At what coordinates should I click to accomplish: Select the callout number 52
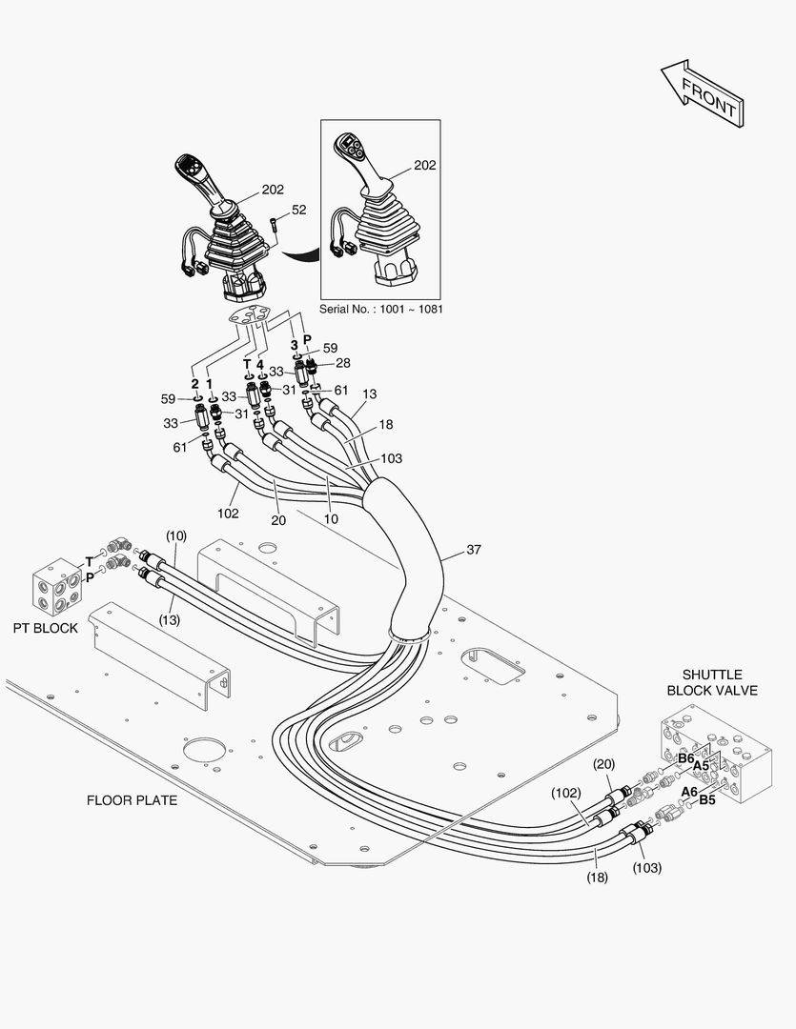tap(298, 210)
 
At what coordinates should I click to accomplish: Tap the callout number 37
tap(474, 551)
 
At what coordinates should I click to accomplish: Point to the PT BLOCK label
tap(46, 629)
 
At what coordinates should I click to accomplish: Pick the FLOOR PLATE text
tap(132, 800)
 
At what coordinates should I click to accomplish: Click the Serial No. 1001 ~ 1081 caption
tap(381, 310)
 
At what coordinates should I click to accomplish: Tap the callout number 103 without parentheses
tap(391, 458)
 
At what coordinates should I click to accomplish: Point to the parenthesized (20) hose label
tap(603, 764)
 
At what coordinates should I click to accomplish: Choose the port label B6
tap(685, 758)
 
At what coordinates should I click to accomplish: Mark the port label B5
tap(707, 800)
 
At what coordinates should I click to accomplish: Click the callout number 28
tap(342, 363)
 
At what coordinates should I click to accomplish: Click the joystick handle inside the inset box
tap(357, 162)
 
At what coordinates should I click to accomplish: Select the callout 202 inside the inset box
tap(425, 165)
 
